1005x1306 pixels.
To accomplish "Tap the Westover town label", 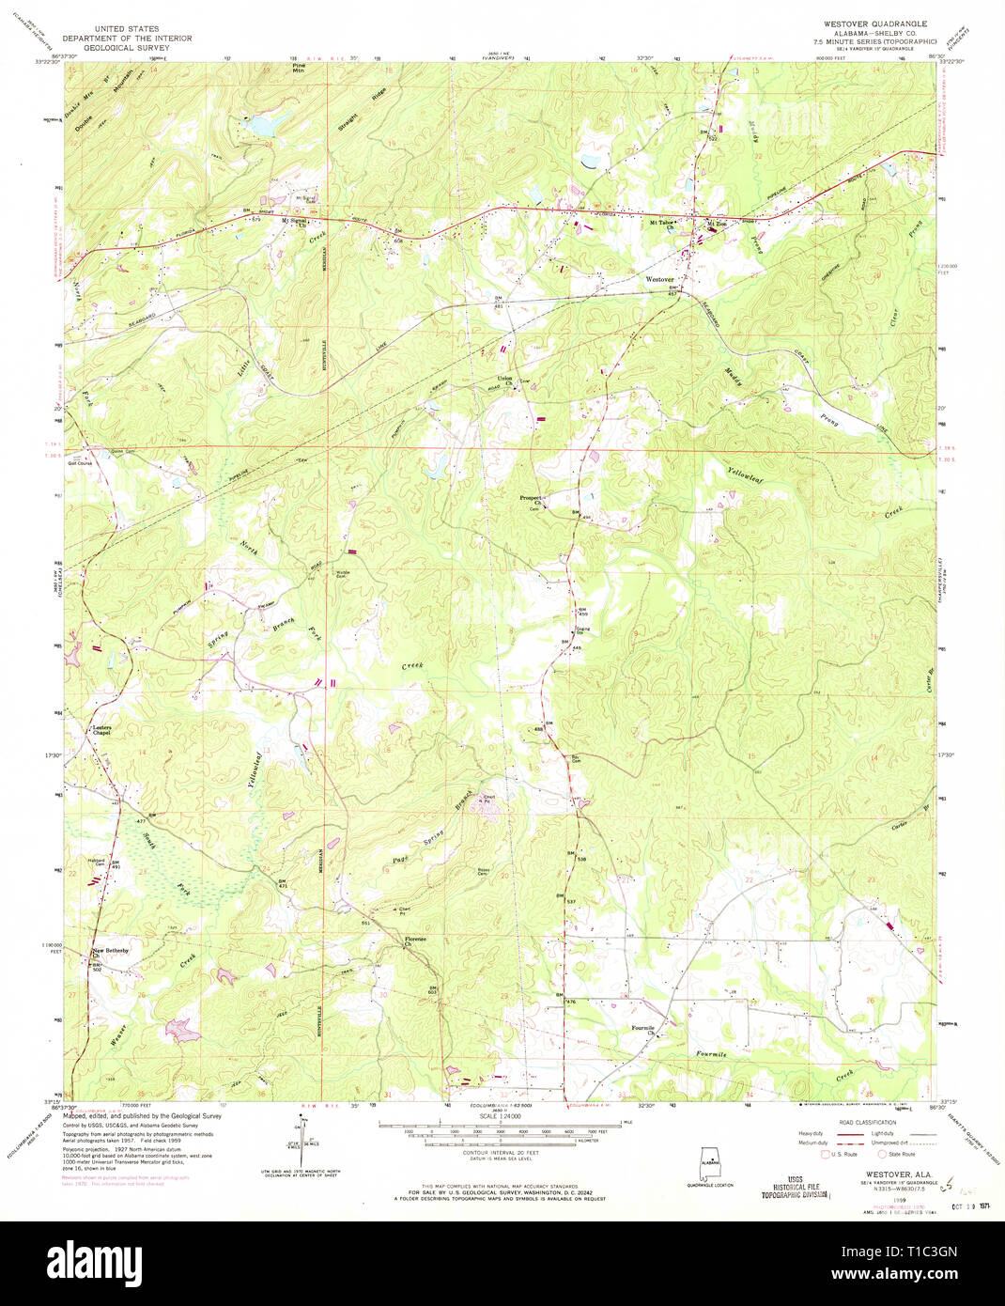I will pyautogui.click(x=659, y=280).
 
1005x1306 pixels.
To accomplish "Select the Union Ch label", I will pyautogui.click(x=504, y=381).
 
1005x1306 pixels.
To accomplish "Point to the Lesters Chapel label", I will pyautogui.click(x=100, y=730).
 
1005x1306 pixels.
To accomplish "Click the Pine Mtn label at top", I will pyautogui.click(x=299, y=68).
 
